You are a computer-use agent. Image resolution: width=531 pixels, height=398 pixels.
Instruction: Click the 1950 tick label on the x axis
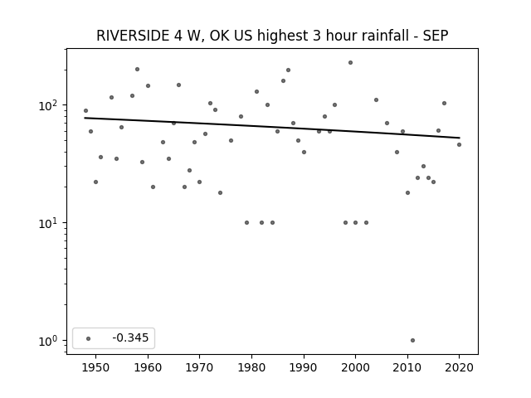[96, 367]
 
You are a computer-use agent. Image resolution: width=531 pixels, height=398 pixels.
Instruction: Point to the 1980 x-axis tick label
[251, 367]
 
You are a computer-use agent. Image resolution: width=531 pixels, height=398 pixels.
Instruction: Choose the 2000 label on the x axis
[356, 367]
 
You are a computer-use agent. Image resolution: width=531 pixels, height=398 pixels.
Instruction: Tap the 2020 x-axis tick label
[459, 367]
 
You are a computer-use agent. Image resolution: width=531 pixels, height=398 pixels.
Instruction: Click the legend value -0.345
[130, 337]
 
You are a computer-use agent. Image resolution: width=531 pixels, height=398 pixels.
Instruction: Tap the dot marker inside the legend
[89, 338]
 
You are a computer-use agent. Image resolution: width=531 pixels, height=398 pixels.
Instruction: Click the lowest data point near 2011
[412, 341]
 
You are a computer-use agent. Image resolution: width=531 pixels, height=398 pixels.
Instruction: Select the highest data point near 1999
[350, 63]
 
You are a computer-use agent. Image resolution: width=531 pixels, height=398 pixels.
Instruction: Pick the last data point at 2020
[459, 145]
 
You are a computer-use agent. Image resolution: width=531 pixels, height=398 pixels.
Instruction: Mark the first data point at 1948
[85, 110]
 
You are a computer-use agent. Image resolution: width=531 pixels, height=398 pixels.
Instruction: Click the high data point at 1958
[137, 70]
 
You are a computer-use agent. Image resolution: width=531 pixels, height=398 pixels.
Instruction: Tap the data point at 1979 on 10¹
[246, 223]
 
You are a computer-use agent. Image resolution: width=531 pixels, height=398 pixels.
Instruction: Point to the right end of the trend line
[460, 138]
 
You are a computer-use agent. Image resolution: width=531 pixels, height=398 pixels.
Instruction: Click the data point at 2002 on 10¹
[366, 223]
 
